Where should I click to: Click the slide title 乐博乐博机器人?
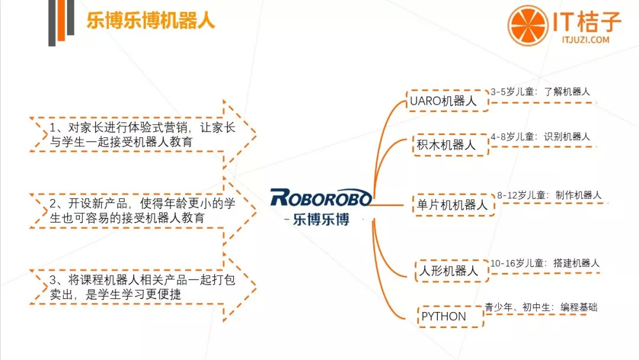[150, 20]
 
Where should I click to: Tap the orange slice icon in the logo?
[528, 25]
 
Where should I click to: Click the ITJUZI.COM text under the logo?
[586, 40]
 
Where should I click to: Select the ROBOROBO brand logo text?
[321, 198]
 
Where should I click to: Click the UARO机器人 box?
[447, 101]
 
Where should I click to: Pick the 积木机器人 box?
[450, 144]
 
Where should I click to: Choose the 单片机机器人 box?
[454, 205]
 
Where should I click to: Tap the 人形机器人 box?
[451, 271]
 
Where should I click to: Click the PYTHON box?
[450, 316]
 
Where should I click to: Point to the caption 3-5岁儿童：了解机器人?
[540, 92]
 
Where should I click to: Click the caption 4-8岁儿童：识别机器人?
[540, 137]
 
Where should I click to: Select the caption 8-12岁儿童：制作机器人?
[549, 195]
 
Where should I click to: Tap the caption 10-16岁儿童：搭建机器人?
[545, 263]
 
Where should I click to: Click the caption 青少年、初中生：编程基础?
[541, 307]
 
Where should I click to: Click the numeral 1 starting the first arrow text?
[53, 128]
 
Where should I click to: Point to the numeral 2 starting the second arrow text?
[53, 204]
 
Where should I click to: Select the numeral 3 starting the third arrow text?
[53, 279]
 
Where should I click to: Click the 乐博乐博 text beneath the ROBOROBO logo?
[321, 219]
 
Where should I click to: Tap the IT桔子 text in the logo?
[587, 21]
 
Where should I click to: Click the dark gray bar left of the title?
[51, 23]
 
